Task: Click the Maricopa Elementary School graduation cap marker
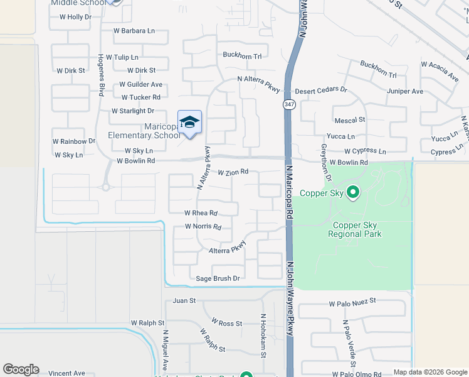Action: pyautogui.click(x=189, y=123)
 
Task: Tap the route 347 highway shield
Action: pyautogui.click(x=289, y=104)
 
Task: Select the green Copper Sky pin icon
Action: pyautogui.click(x=353, y=192)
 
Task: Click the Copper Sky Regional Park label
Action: pyautogui.click(x=354, y=229)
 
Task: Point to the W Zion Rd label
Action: pyautogui.click(x=233, y=172)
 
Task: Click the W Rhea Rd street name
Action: pyautogui.click(x=201, y=213)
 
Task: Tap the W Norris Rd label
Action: pyautogui.click(x=203, y=226)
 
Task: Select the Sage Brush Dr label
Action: pyautogui.click(x=218, y=278)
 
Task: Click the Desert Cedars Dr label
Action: pyautogui.click(x=321, y=90)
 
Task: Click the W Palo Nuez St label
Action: pyautogui.click(x=352, y=303)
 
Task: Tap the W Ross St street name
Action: pyautogui.click(x=226, y=323)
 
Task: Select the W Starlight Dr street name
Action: pyautogui.click(x=132, y=111)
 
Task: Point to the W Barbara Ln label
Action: pyautogui.click(x=134, y=30)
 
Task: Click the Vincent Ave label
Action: pyautogui.click(x=66, y=373)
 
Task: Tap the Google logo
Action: pyautogui.click(x=21, y=369)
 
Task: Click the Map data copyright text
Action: pyautogui.click(x=429, y=372)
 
